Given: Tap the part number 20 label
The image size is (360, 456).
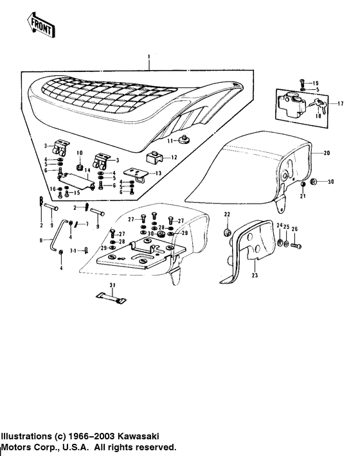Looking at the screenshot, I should [327, 153].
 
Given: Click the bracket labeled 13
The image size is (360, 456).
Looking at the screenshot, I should [138, 174].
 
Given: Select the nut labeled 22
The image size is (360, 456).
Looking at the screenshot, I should [227, 231].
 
